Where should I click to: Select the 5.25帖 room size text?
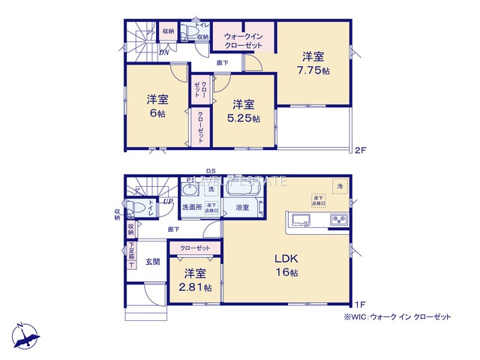[244, 111]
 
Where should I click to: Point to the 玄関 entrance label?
[152, 261]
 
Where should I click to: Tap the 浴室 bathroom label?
[242, 207]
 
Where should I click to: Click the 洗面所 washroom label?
[192, 207]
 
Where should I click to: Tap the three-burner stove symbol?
[337, 220]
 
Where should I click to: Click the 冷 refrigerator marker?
[339, 185]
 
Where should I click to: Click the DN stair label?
[163, 52]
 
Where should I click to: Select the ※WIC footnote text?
[397, 317]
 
